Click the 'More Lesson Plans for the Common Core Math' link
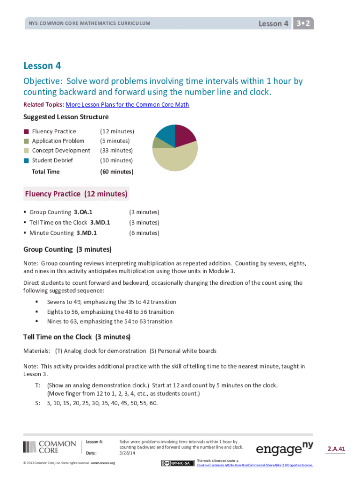click(x=127, y=105)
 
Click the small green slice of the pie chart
click(x=158, y=141)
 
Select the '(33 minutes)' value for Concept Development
click(x=116, y=151)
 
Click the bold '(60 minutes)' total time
click(x=116, y=172)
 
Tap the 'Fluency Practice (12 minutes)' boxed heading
click(x=76, y=194)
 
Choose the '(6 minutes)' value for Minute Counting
click(x=144, y=233)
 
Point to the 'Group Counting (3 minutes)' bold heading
click(x=67, y=249)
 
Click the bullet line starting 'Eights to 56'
click(x=110, y=312)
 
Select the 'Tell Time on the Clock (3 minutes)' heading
click(x=77, y=337)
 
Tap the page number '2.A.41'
click(x=336, y=450)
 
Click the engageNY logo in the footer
click(x=284, y=449)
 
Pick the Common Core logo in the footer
click(x=50, y=447)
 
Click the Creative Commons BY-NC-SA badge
click(x=178, y=463)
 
